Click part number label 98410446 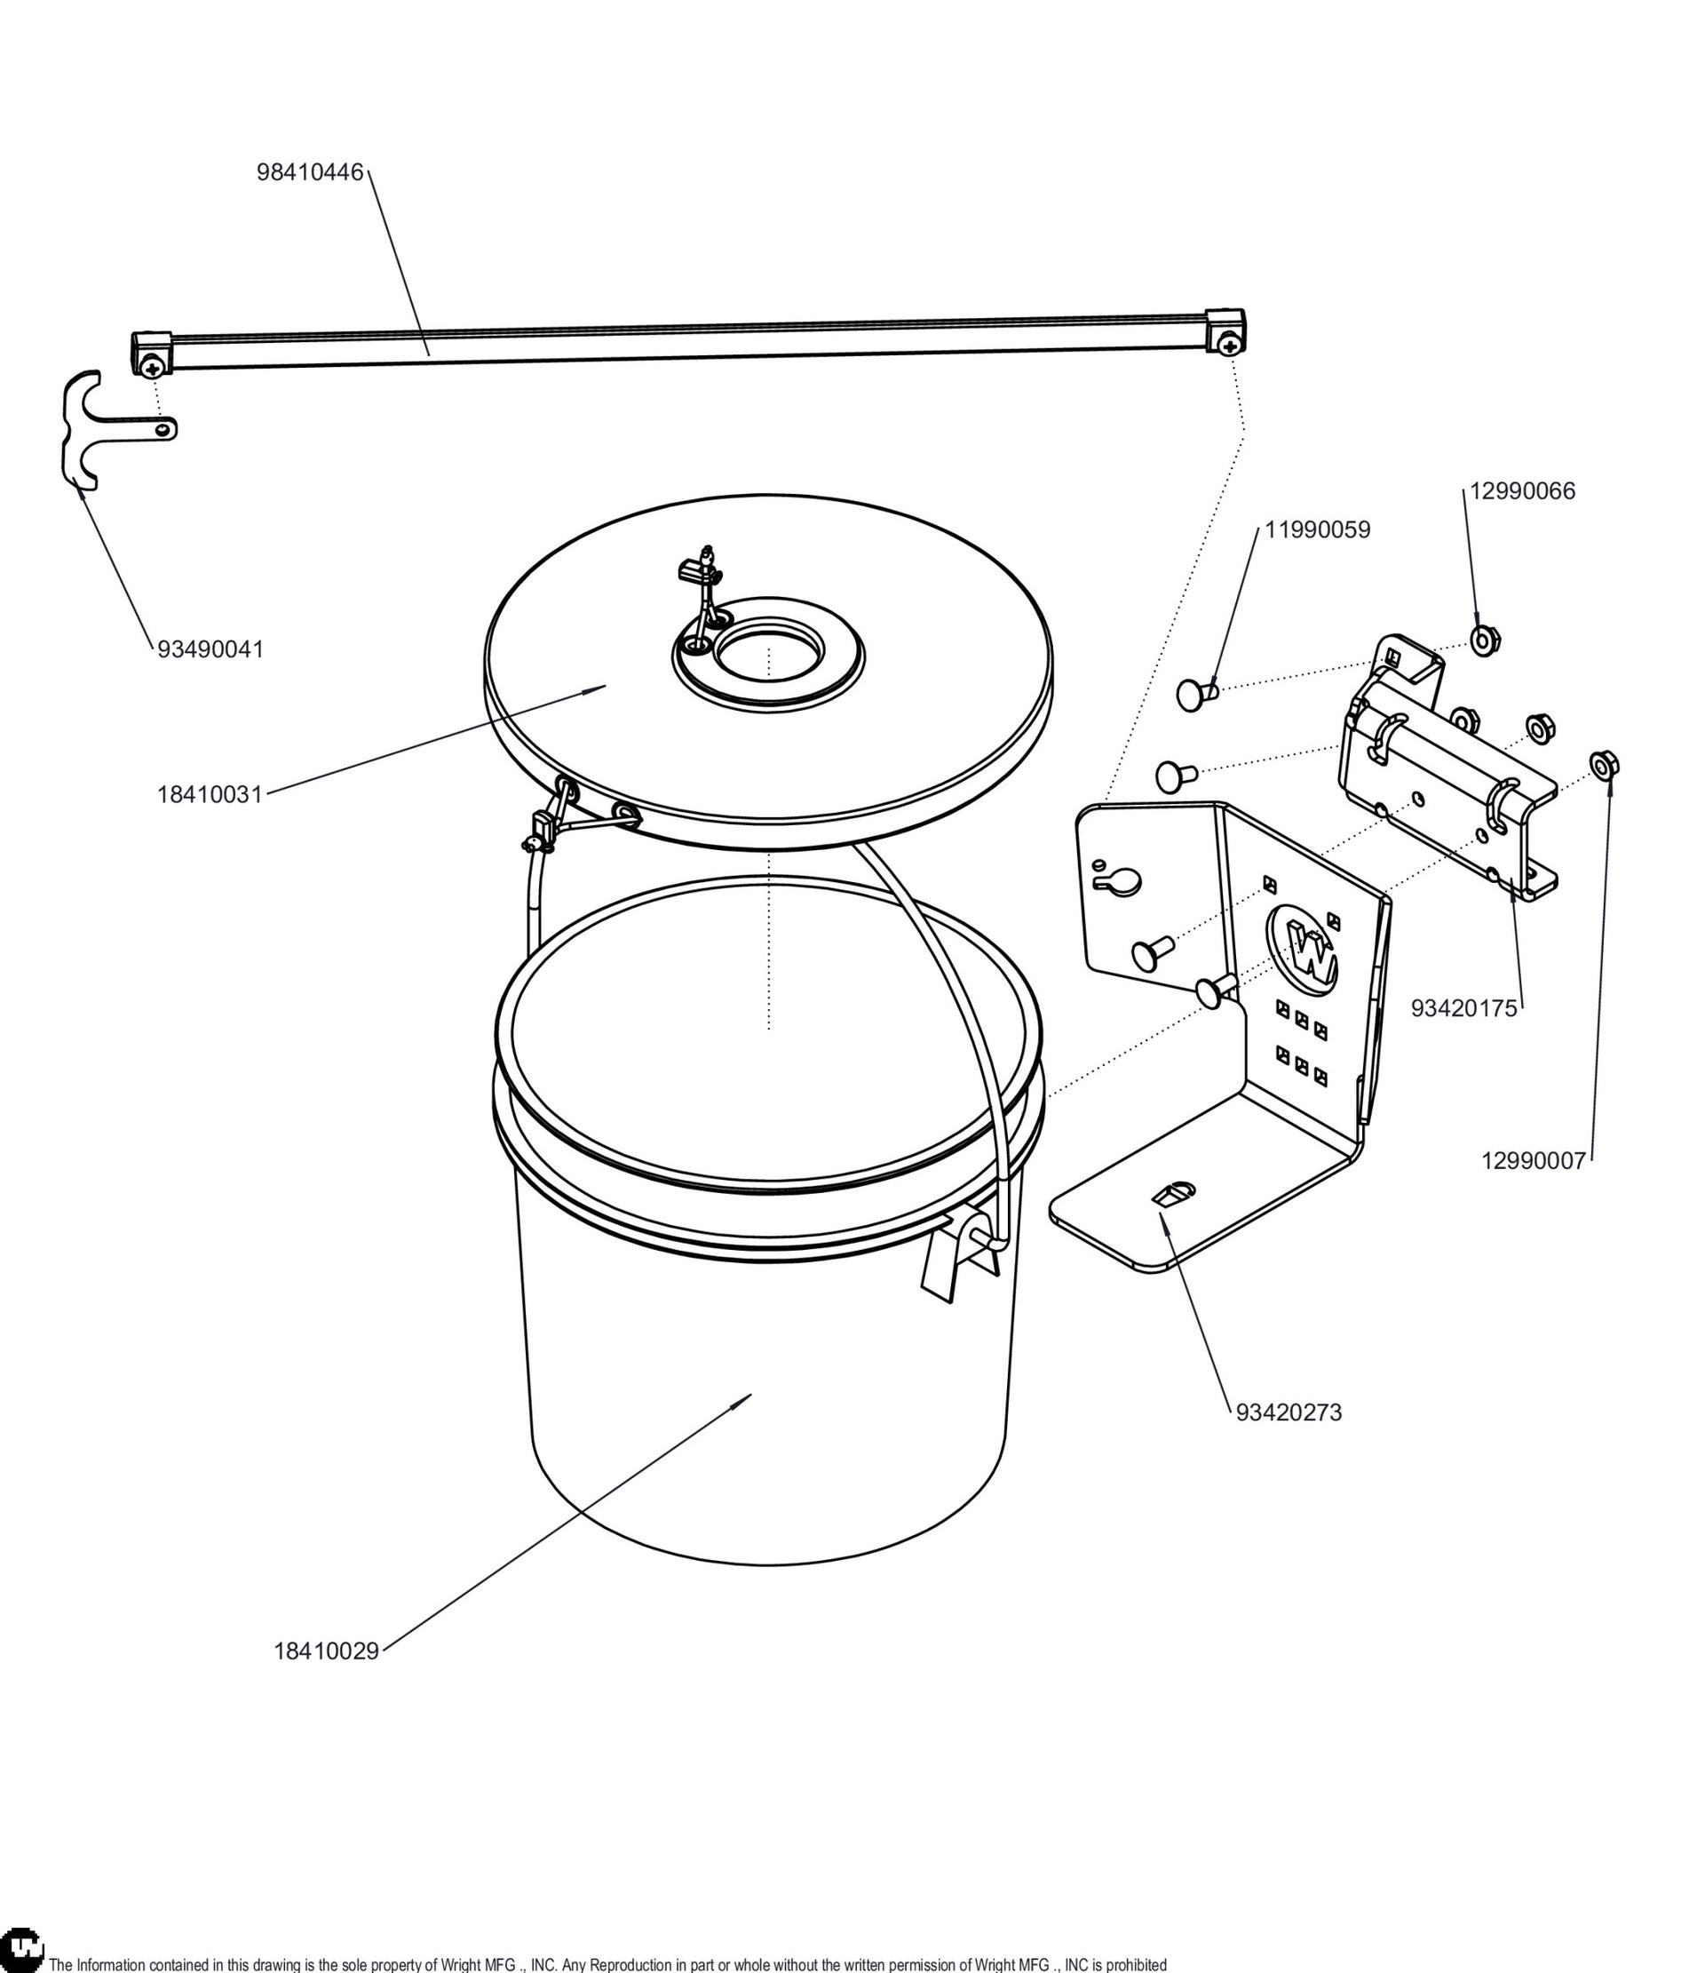(310, 172)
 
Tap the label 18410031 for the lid (210, 795)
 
